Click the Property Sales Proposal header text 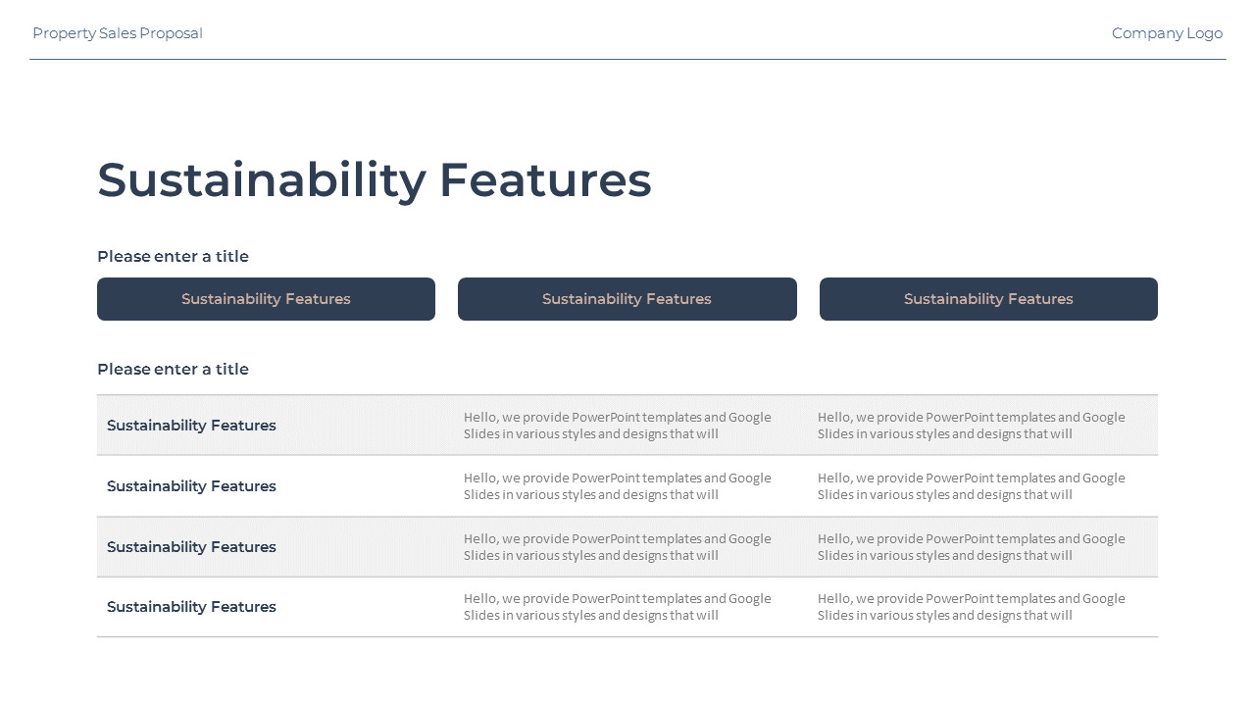tap(118, 33)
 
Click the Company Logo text tap(1167, 33)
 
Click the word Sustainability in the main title tap(262, 180)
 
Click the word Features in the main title tap(546, 180)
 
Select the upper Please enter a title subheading tap(174, 257)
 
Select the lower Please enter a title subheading tap(174, 370)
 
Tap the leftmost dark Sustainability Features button tap(266, 299)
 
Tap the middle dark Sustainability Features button tap(627, 299)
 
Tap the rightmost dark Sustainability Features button tap(988, 299)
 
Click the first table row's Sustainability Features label tap(191, 426)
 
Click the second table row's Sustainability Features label tap(191, 486)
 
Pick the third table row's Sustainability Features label tap(191, 547)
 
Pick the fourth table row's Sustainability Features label tap(191, 607)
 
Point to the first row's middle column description tap(618, 426)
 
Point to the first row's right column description tap(972, 426)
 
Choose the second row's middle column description tap(618, 486)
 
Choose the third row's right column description tap(972, 547)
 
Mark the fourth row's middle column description tap(618, 607)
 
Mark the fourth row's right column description tap(972, 607)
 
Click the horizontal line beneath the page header tap(627, 59)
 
